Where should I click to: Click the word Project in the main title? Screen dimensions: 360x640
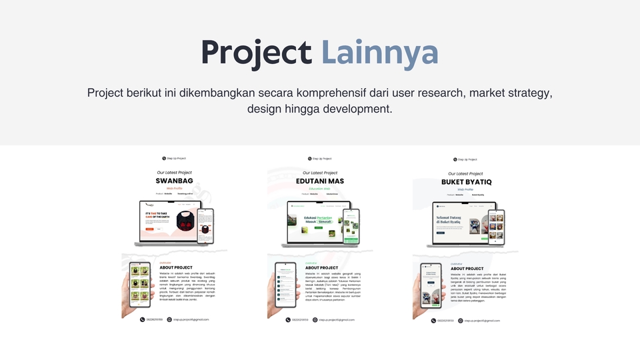tap(256, 53)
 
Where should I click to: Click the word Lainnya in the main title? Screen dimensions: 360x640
tap(379, 53)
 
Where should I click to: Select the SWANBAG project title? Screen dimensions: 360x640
tap(174, 181)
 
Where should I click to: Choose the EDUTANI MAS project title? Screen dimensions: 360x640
tap(320, 181)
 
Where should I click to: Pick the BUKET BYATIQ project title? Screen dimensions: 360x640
tap(466, 182)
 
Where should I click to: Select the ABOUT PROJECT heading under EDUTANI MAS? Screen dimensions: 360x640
tap(321, 267)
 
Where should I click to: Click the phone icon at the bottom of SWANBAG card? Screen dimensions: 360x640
tap(143, 319)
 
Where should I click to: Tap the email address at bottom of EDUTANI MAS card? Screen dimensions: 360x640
tap(337, 319)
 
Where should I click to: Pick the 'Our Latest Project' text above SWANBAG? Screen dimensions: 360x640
tap(174, 173)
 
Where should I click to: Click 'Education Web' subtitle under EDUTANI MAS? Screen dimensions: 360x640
tap(320, 189)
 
